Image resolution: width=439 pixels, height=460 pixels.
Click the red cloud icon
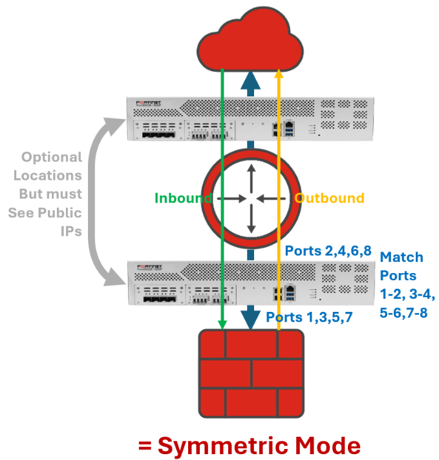coord(250,41)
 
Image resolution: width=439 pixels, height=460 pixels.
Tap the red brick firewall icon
coord(251,373)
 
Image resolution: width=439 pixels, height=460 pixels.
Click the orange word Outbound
coord(329,198)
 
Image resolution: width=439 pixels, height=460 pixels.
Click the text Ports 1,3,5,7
coord(309,317)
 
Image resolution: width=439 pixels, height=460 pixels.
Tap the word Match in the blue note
coord(402,257)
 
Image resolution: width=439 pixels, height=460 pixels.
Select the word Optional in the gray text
coord(52,157)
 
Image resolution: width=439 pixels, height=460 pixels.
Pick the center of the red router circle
coord(251,199)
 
